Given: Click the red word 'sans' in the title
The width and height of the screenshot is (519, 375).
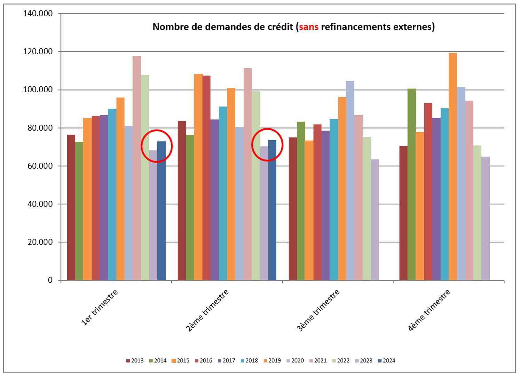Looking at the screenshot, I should pos(308,27).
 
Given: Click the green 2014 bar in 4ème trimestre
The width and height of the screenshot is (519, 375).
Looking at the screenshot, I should pos(411,185).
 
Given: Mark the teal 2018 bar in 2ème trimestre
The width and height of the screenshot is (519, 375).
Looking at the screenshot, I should pos(223,193).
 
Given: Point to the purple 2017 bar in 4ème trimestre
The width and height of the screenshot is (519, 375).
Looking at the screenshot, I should pos(436,199).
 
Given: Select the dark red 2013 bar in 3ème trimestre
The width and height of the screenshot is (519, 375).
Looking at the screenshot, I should pos(293,209).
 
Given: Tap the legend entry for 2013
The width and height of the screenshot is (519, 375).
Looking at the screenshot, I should pos(135,361).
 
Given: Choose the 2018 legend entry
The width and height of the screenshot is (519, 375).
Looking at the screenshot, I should pos(249,361).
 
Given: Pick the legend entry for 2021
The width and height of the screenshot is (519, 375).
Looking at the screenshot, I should pos(318,361).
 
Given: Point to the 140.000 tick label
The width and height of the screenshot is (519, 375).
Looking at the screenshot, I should pos(38,14).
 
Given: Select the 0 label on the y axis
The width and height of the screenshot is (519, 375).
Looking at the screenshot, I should pos(50,280).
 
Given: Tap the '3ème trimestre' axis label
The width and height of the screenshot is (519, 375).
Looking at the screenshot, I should pos(318,310).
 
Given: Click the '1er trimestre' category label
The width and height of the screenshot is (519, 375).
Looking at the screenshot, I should pos(100,307).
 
